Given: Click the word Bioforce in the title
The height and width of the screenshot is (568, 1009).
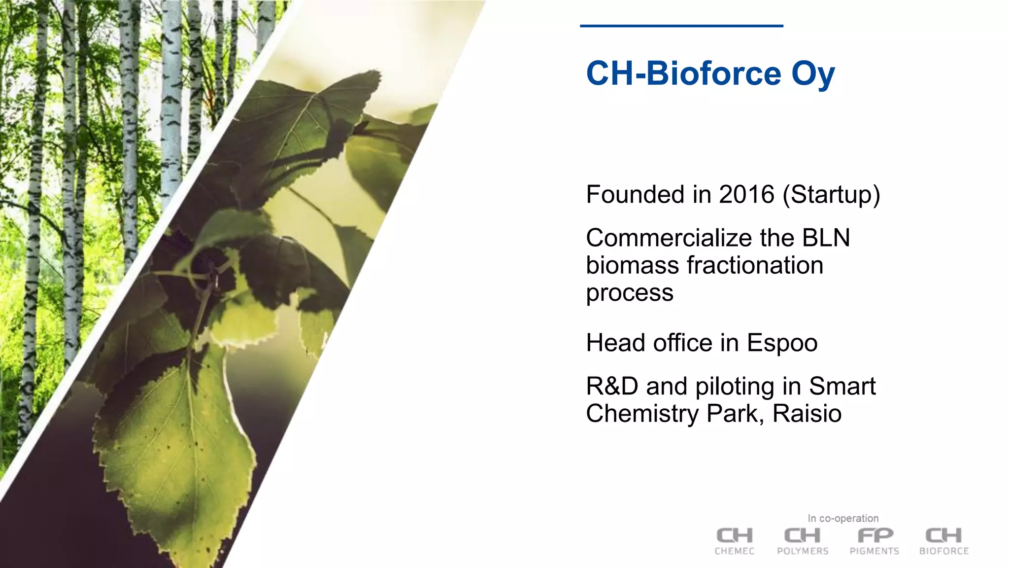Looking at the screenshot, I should pos(713,73).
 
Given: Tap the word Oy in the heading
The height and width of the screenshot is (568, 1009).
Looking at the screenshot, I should pos(813,74).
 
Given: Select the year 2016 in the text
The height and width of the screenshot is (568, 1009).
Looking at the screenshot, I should pos(747,194).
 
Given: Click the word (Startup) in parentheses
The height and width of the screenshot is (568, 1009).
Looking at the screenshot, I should pos(832,195).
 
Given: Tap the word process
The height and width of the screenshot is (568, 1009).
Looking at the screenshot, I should pos(629,293).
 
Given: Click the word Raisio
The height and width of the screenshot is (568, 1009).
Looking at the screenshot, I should pos(807,413).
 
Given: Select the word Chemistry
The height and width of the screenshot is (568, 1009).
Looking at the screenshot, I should pos(642,414).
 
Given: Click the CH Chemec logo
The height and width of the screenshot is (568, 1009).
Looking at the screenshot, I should pos(735,541).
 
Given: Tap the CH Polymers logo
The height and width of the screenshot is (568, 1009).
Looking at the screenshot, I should pos(803,541).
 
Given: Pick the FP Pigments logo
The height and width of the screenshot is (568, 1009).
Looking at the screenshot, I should pos(874,541).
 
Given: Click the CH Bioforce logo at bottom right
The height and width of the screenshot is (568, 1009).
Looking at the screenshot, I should pos(944,541).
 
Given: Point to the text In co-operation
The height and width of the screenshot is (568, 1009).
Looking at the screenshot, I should pos(843,518).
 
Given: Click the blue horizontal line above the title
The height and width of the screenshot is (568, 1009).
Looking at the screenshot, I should pos(681,26).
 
